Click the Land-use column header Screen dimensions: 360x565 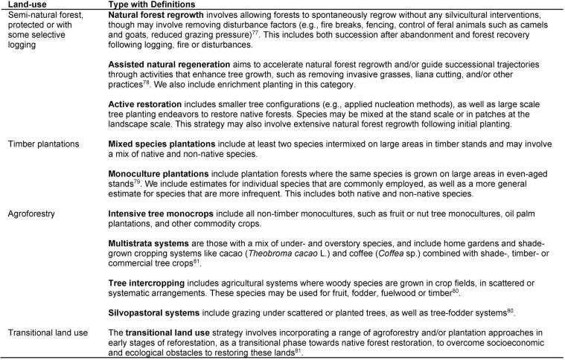click(21, 5)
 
